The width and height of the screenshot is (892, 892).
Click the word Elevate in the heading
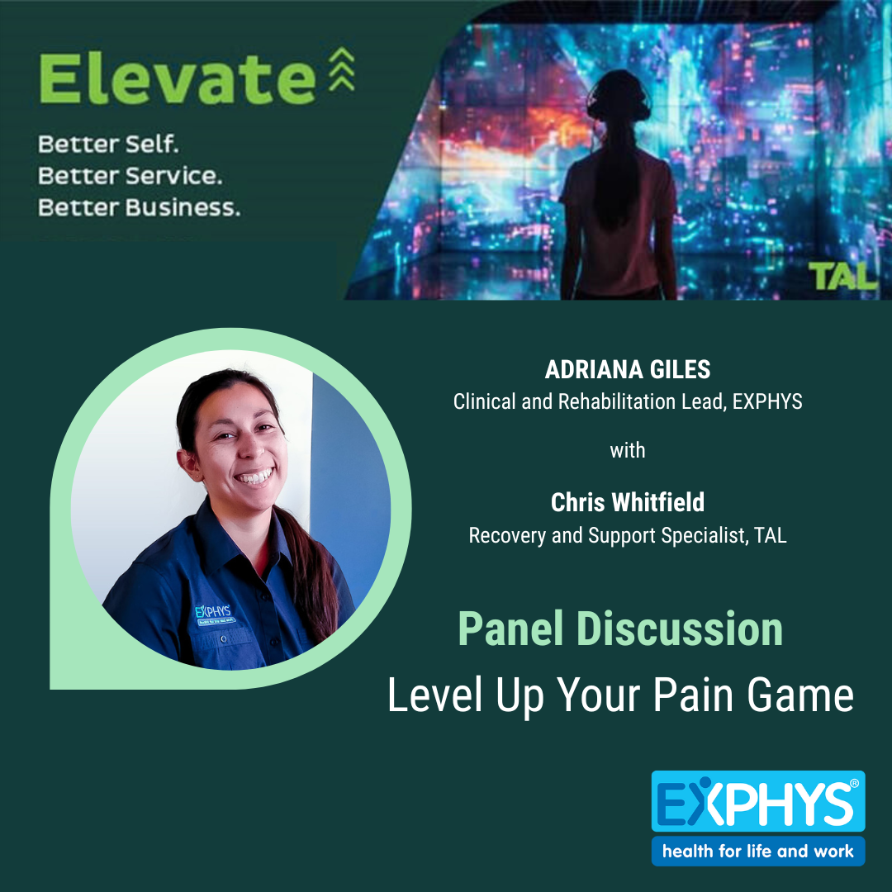point(176,79)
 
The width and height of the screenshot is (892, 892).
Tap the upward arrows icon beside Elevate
point(342,69)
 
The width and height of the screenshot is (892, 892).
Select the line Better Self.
point(108,145)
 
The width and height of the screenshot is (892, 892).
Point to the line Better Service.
point(130,176)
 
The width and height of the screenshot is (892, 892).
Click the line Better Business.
point(140,207)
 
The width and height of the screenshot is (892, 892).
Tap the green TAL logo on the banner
point(841,277)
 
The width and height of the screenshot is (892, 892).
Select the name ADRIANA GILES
point(627,370)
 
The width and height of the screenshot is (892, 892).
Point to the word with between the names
point(628,451)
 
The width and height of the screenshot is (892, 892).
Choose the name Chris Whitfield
point(628,502)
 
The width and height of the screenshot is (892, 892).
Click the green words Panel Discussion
point(620,629)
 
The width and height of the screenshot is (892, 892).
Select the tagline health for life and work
point(757,851)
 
